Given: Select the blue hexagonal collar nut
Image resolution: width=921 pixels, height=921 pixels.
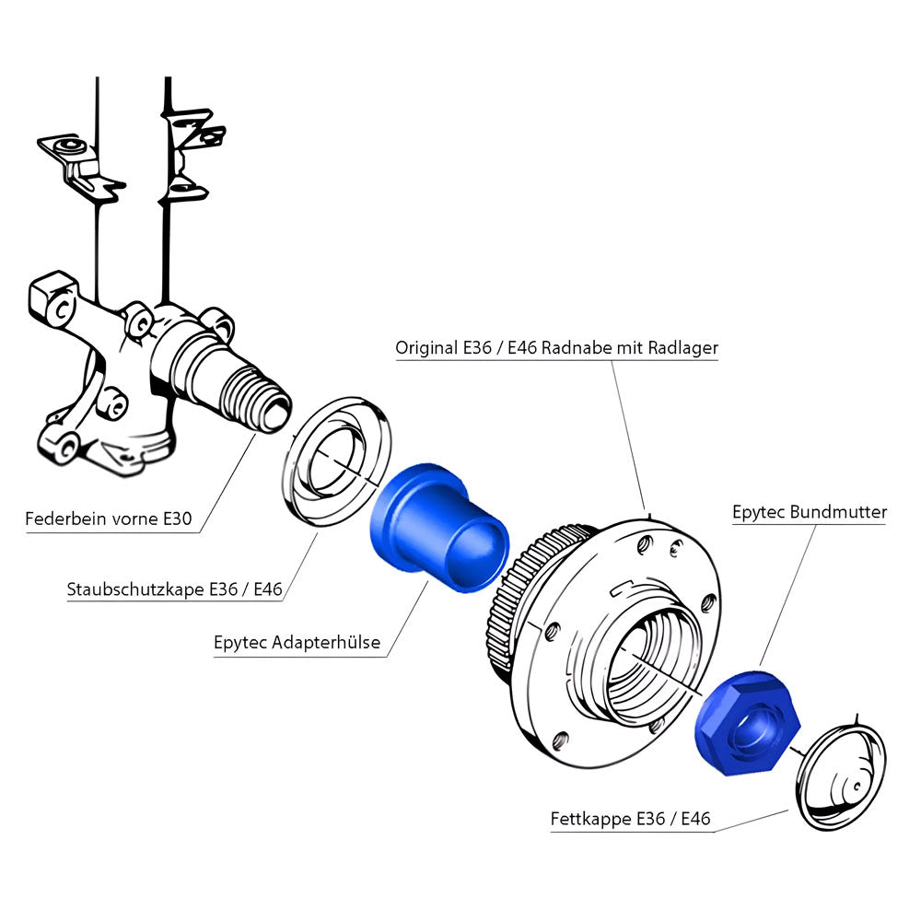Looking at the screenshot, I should tap(746, 724).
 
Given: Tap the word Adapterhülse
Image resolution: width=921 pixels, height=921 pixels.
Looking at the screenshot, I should tap(327, 643).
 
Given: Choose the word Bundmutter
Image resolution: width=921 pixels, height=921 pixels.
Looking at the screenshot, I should tap(838, 511).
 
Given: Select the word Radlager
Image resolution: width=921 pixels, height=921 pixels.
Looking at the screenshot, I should tap(683, 348).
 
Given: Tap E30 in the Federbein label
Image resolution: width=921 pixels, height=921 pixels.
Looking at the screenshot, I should tap(177, 519).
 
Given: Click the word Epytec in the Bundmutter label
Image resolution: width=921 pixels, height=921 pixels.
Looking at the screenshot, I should tap(759, 511).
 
